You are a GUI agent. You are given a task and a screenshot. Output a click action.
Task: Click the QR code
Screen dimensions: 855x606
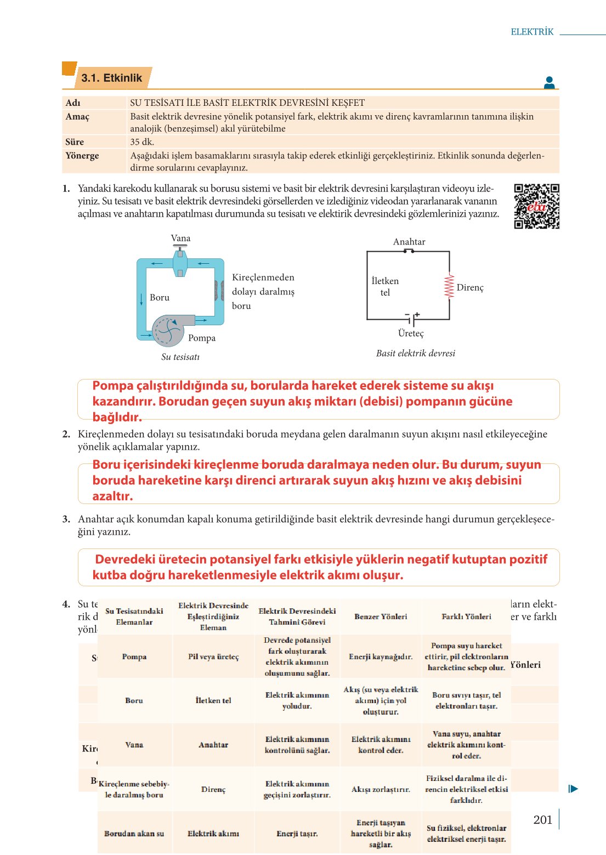pyautogui.click(x=536, y=206)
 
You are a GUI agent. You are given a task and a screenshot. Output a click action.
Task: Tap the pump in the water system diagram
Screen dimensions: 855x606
pyautogui.click(x=168, y=330)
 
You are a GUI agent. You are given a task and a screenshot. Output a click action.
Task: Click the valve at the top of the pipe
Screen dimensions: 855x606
pyautogui.click(x=180, y=261)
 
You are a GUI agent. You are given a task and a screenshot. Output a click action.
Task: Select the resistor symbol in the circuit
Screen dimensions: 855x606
pyautogui.click(x=449, y=286)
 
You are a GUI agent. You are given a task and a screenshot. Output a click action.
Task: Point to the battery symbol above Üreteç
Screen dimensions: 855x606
pyautogui.click(x=411, y=319)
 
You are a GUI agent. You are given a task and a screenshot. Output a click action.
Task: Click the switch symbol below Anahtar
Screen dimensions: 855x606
pyautogui.click(x=409, y=251)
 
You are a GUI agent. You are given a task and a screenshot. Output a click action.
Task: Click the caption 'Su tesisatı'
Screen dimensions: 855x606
pyautogui.click(x=180, y=357)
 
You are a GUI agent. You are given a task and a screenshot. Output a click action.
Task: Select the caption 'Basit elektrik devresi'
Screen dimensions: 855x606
pyautogui.click(x=415, y=353)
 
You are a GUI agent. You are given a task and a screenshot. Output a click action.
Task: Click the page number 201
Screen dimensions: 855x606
pyautogui.click(x=542, y=819)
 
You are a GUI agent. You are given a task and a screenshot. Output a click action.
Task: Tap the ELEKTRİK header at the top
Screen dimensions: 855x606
pyautogui.click(x=532, y=32)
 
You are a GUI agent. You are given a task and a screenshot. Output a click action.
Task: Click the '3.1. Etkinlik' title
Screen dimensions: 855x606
pyautogui.click(x=112, y=78)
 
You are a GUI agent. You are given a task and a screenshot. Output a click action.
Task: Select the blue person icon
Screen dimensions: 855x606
pyautogui.click(x=549, y=83)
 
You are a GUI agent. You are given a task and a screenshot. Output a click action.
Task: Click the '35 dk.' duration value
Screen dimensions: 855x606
pyautogui.click(x=142, y=141)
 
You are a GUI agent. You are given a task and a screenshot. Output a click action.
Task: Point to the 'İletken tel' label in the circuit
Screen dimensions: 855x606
pyautogui.click(x=385, y=286)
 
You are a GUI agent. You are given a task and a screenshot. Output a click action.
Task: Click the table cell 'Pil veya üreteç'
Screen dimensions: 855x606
pyautogui.click(x=213, y=656)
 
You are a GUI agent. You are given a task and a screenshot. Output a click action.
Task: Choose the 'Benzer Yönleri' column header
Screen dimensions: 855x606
pyautogui.click(x=381, y=616)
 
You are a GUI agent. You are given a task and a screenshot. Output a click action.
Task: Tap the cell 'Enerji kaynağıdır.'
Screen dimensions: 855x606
pyautogui.click(x=381, y=656)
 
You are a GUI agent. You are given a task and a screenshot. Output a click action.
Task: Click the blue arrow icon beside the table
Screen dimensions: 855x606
pyautogui.click(x=573, y=789)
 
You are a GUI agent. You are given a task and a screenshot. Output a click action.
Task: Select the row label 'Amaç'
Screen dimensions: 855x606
pyautogui.click(x=77, y=116)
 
